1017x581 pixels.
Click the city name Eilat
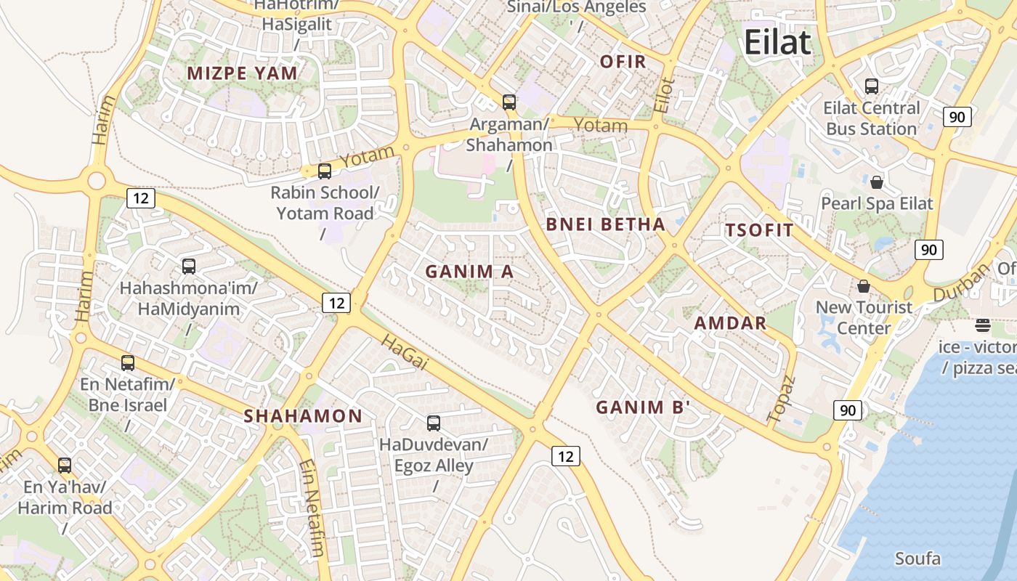(x=777, y=43)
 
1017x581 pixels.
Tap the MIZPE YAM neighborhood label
(x=243, y=73)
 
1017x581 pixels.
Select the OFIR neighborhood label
(x=623, y=62)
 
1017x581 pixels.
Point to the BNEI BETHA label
(x=605, y=224)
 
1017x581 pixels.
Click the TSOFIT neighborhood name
(x=759, y=231)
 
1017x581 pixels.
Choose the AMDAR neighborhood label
(x=730, y=323)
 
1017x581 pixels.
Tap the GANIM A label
(x=469, y=272)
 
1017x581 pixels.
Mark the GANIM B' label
(x=643, y=407)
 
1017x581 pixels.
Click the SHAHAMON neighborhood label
(x=303, y=416)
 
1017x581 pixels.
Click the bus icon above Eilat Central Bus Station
(x=872, y=86)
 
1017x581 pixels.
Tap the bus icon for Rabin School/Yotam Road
(x=325, y=171)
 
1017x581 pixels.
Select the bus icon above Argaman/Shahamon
(x=509, y=102)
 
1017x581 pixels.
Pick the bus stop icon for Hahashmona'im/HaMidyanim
(x=189, y=267)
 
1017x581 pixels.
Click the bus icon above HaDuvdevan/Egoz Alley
(x=434, y=423)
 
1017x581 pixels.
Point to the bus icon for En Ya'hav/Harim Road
(x=65, y=466)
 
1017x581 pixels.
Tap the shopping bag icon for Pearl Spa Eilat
(x=877, y=182)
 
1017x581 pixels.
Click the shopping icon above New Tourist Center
(x=864, y=286)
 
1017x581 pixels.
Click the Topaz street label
(x=782, y=399)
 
